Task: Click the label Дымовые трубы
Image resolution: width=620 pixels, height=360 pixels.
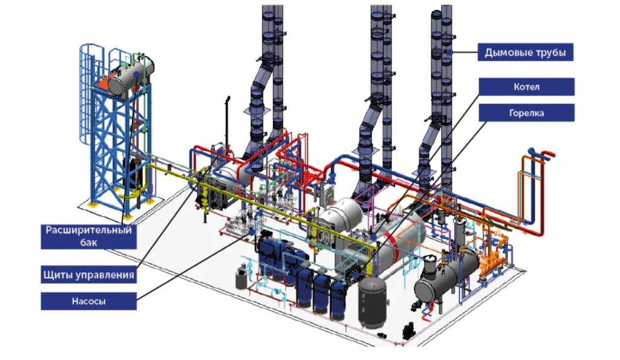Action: tap(525, 52)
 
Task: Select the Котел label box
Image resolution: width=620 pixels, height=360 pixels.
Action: tap(526, 87)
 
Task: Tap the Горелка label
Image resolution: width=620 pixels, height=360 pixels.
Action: tap(526, 113)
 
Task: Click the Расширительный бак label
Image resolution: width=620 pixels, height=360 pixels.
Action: tap(88, 237)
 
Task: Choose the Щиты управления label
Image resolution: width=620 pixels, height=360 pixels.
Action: tap(88, 275)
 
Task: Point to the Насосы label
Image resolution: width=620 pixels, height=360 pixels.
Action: tap(88, 301)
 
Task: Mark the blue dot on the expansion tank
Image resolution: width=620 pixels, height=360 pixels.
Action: tap(136, 74)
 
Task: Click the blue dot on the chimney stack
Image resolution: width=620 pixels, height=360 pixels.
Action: tap(450, 52)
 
